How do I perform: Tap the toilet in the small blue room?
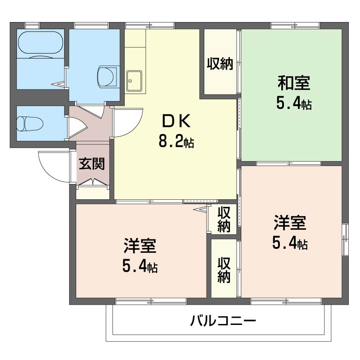pyautogui.click(x=29, y=123)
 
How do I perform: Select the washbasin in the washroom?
pyautogui.click(x=107, y=76)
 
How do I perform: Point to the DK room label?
pyautogui.click(x=176, y=121)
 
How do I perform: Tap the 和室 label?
pyautogui.click(x=294, y=83)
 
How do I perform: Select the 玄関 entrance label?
pyautogui.click(x=92, y=164)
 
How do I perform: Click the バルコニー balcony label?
pyautogui.click(x=223, y=321)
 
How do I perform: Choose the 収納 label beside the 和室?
pyautogui.click(x=220, y=65)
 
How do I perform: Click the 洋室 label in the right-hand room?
pyautogui.click(x=290, y=223)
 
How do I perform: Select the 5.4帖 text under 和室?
pyautogui.click(x=294, y=104)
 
